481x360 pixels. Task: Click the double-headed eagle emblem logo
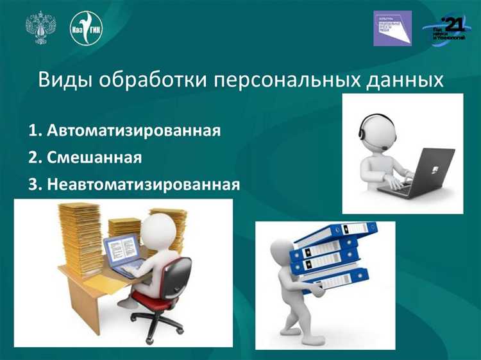click(40, 27)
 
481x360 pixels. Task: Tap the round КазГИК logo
click(86, 28)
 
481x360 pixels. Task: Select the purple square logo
click(392, 28)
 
